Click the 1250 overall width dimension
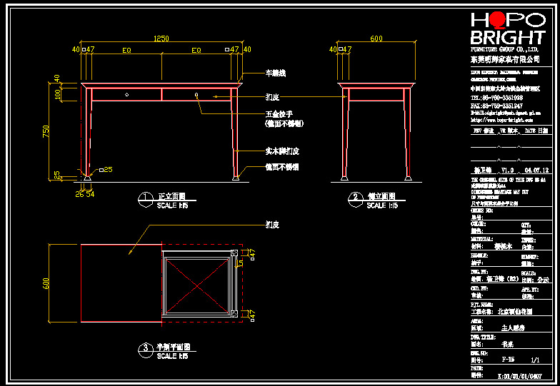tap(161, 39)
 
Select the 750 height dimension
tap(46, 133)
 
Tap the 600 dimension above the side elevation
tap(376, 39)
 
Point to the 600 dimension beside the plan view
tap(46, 283)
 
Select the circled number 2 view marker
tap(354, 197)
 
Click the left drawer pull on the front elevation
tap(127, 94)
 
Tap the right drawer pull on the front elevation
tap(196, 94)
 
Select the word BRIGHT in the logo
tap(508, 38)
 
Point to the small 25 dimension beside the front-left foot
tap(106, 169)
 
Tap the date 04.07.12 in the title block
tap(536, 171)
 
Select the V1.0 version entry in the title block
tap(508, 171)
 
